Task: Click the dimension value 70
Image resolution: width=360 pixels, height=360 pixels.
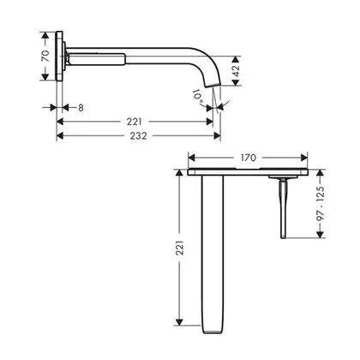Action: pos(45,56)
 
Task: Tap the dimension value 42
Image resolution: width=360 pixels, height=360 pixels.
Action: pos(236,71)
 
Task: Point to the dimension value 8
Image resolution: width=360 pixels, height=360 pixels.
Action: pos(81,108)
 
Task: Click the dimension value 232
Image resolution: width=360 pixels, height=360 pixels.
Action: pos(139,135)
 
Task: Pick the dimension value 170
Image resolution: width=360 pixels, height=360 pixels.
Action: pos(249,158)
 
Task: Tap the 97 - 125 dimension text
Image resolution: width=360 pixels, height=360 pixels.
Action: pos(321,203)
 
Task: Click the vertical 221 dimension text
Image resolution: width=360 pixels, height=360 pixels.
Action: pos(179,248)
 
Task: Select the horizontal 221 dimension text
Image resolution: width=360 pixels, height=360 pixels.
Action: pos(135,122)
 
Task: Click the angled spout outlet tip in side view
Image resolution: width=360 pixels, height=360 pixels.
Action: pos(213,85)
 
